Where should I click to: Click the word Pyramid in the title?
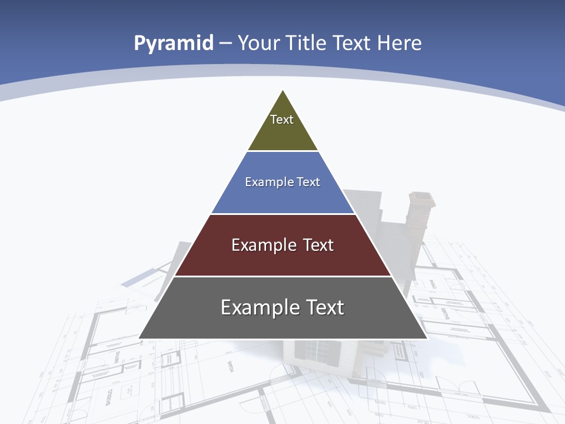point(173,44)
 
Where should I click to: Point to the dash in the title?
point(225,44)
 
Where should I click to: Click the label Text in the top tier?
point(282,120)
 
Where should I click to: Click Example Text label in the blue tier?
point(282,182)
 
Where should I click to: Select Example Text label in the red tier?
point(282,245)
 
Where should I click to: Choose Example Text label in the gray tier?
point(282,307)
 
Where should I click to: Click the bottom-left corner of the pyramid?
point(140,337)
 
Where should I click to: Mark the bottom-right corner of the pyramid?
point(426,337)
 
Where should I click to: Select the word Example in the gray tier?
point(257,307)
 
